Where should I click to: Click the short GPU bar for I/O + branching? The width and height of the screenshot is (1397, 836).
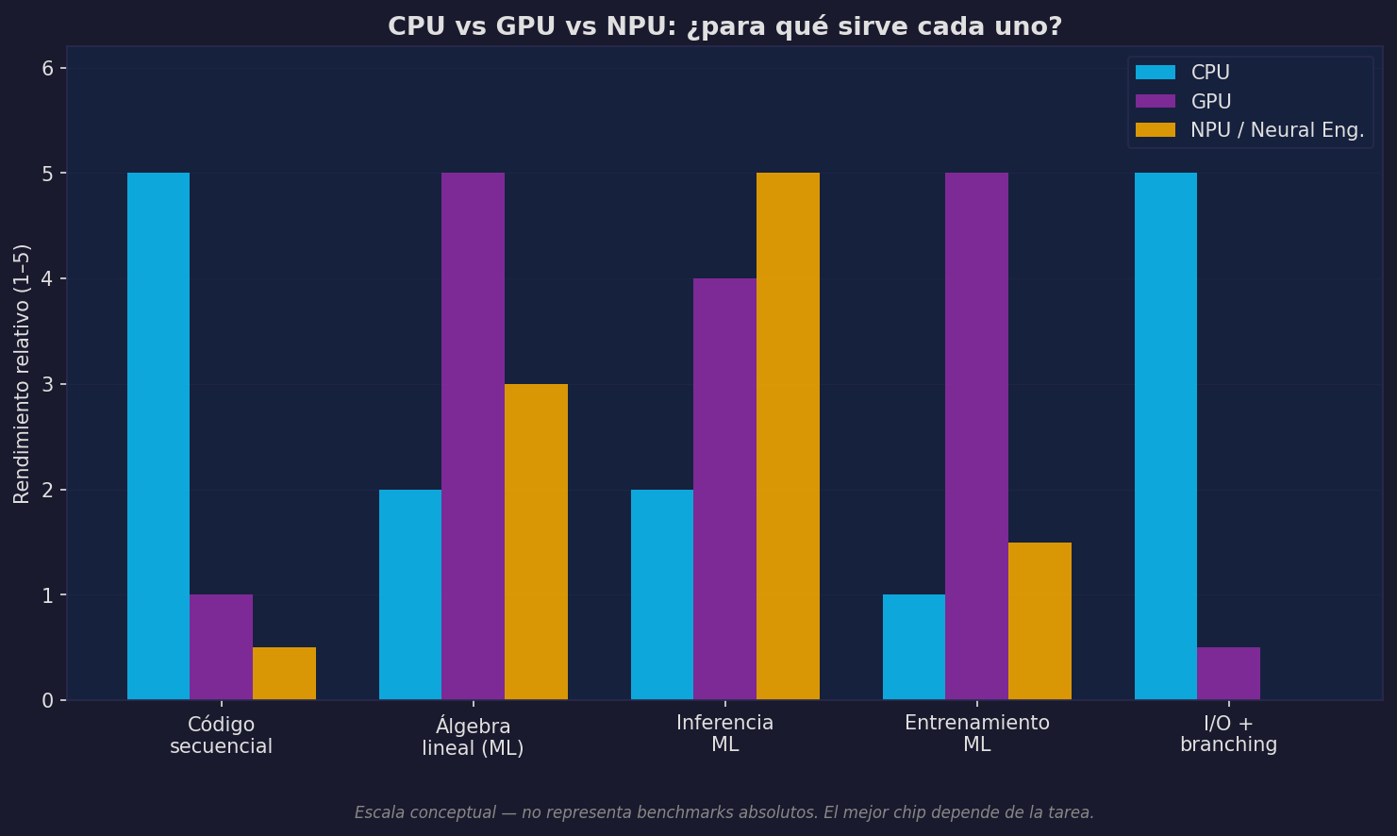click(1228, 674)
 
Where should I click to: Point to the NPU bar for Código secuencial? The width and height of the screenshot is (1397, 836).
click(284, 674)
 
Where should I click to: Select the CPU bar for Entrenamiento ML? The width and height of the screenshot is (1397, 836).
click(913, 647)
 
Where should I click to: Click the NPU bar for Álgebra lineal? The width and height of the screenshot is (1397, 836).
click(536, 542)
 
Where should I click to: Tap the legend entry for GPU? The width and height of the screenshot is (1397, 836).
click(1210, 102)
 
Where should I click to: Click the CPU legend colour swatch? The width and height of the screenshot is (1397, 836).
click(1155, 73)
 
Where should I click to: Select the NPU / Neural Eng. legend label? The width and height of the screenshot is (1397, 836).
click(1276, 130)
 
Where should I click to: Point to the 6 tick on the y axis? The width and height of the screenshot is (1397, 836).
click(48, 68)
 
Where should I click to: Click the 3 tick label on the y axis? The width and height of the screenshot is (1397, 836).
click(48, 384)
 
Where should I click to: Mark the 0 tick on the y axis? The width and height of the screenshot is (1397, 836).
click(48, 700)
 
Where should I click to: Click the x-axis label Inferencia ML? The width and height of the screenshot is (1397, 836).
click(724, 734)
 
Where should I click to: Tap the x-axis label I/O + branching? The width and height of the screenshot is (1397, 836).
click(1228, 734)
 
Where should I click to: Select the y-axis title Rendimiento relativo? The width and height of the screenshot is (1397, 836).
click(22, 374)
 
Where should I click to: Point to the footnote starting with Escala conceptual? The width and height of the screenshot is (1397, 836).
click(723, 812)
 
